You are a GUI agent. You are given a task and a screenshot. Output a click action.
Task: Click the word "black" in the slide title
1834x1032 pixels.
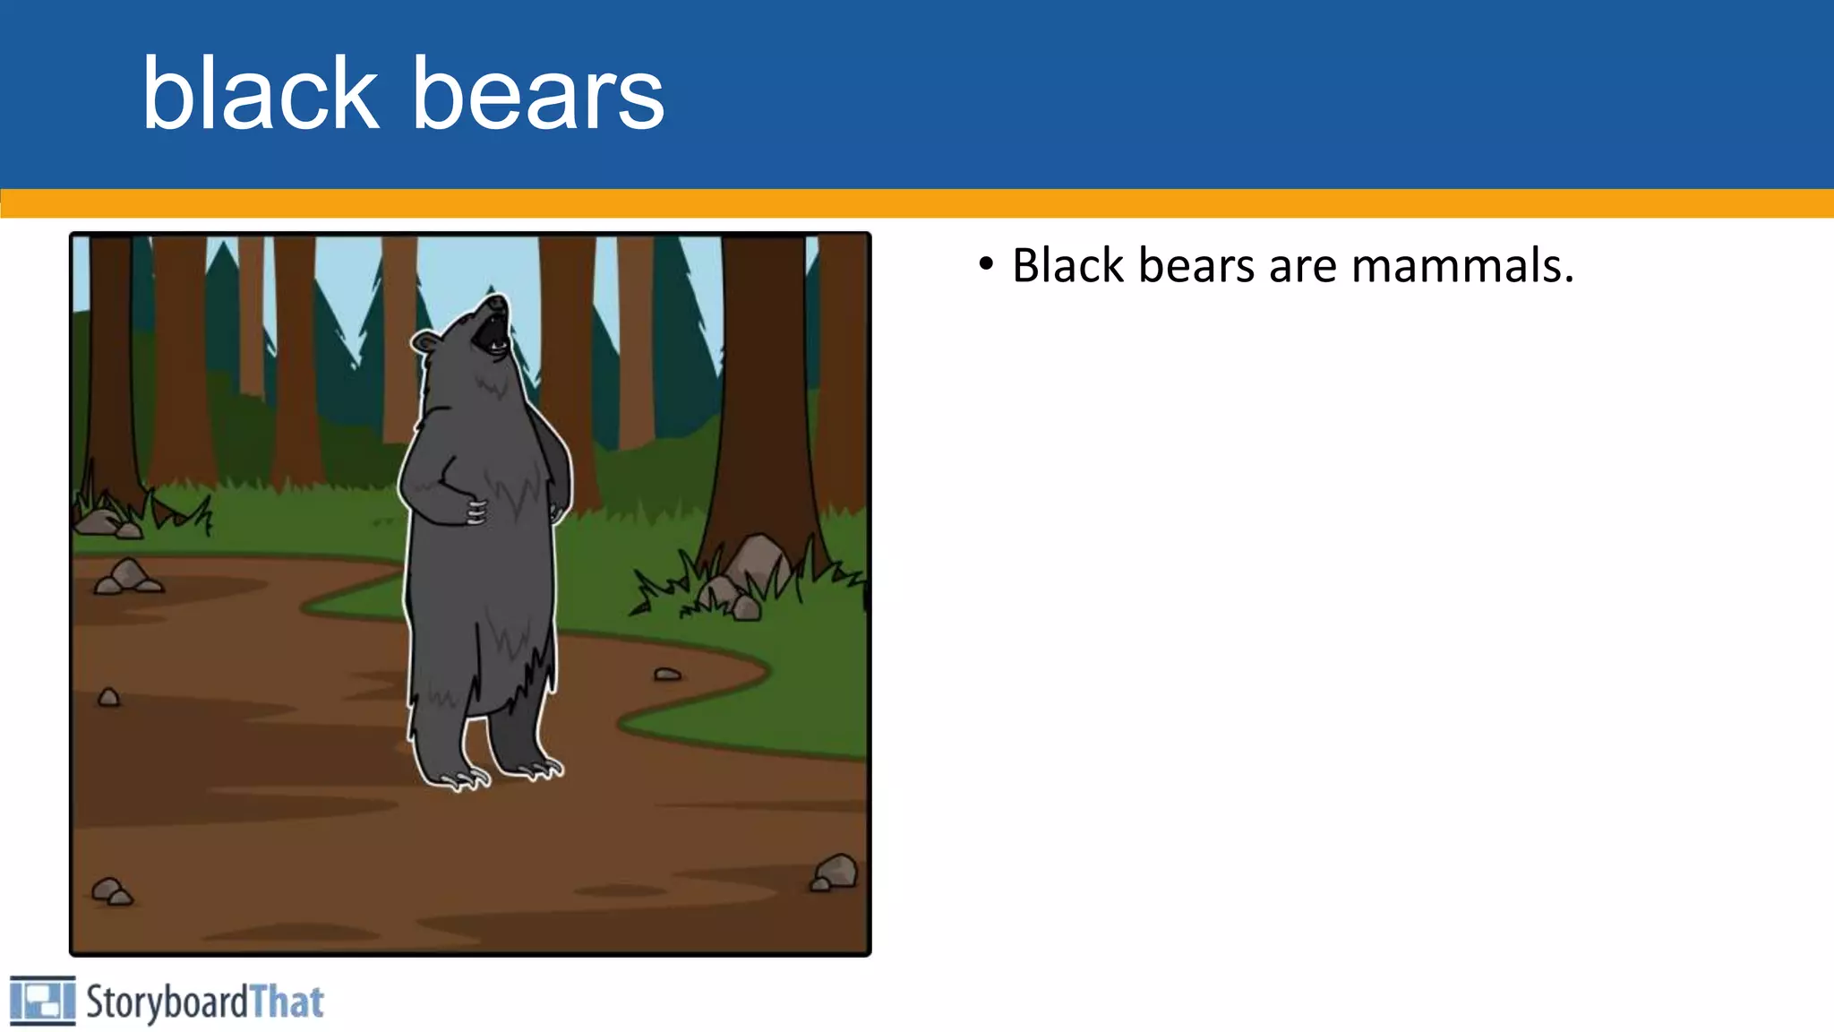coord(260,93)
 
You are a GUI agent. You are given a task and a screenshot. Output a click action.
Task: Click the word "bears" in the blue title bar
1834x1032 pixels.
coord(537,95)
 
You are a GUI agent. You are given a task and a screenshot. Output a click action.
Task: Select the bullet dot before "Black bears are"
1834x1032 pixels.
coord(986,264)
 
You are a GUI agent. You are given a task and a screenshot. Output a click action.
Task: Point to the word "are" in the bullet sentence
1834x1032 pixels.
coord(1304,268)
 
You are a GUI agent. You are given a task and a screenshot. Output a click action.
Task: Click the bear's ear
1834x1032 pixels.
coord(424,341)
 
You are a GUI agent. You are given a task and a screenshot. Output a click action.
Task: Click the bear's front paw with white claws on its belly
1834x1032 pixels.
coord(475,512)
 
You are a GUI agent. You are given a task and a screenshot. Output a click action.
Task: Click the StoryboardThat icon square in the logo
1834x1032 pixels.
coord(42,1000)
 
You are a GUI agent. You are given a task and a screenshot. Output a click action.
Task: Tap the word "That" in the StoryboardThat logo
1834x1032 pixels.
coord(287,1002)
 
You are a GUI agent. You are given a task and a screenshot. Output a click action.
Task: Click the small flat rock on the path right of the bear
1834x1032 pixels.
coord(667,674)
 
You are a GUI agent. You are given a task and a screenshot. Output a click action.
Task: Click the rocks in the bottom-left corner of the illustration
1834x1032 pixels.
coord(112,890)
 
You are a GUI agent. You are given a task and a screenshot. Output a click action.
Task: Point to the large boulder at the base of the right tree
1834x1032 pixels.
coord(757,557)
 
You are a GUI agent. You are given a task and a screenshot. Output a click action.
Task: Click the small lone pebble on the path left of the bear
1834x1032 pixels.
coord(108,697)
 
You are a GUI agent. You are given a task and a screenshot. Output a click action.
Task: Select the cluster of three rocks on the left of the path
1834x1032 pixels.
coord(128,577)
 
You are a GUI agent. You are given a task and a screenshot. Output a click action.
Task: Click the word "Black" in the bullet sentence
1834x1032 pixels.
coord(1067,266)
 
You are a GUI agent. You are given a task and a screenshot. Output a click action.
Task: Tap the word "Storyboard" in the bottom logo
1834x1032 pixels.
coord(167,1002)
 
